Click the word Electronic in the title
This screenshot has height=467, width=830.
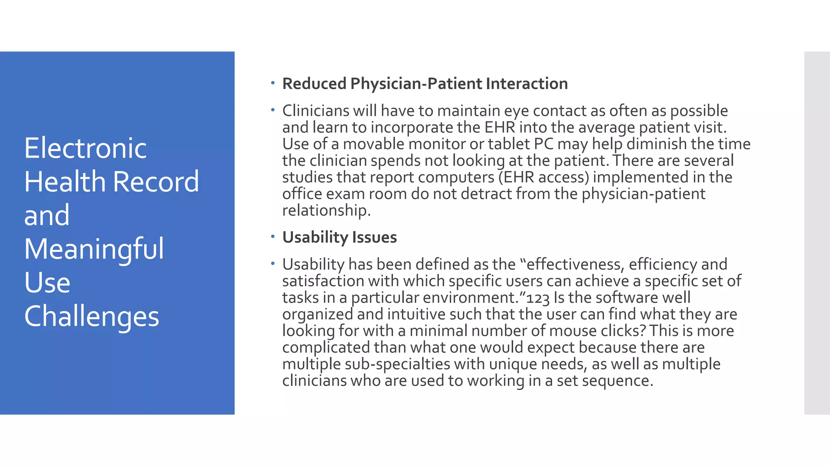point(85,148)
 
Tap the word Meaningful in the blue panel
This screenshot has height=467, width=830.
point(94,248)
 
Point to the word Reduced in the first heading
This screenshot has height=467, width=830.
point(314,84)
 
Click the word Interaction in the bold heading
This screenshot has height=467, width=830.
point(526,84)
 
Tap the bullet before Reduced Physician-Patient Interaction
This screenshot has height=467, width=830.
point(273,84)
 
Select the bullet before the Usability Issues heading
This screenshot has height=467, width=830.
point(273,237)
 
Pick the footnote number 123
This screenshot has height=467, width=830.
point(538,298)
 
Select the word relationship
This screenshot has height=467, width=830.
point(326,210)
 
